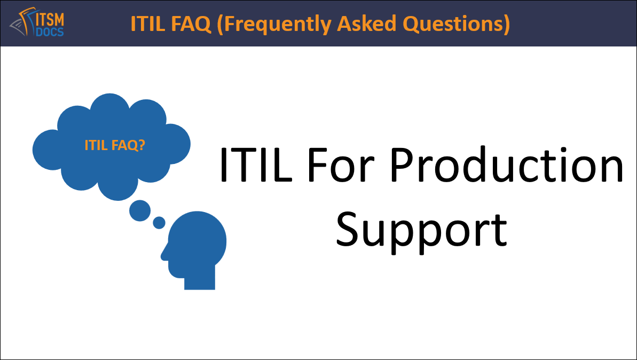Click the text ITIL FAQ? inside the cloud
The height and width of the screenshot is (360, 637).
114,145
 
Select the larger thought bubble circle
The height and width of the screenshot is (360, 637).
140,210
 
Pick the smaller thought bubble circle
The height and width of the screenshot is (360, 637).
159,222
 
